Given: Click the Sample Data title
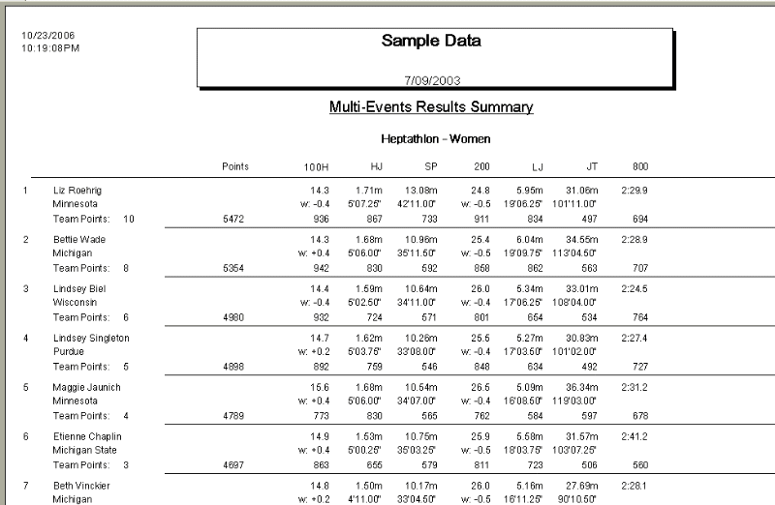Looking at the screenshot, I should [x=431, y=42].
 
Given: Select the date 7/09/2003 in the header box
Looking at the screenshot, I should [x=431, y=77].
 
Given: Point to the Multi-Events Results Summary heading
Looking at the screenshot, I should [x=431, y=106].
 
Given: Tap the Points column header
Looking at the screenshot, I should [x=235, y=166].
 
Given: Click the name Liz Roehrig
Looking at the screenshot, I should [x=77, y=191].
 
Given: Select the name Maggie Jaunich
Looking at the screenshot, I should [x=84, y=387].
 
